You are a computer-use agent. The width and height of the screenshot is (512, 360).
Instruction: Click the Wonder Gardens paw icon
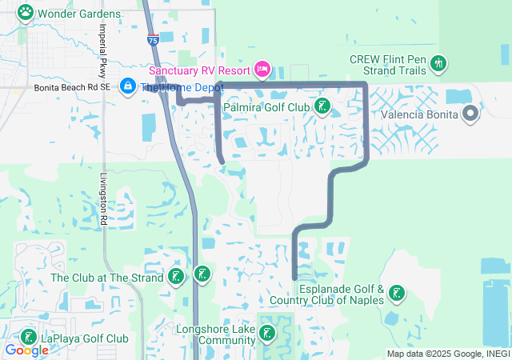26,13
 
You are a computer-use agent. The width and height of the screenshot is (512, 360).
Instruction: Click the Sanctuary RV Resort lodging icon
261,70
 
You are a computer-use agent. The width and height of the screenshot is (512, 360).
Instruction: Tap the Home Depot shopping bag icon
127,86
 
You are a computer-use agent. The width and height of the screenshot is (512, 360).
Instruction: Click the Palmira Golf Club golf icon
322,106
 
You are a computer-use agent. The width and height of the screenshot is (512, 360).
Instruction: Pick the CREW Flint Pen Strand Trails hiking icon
438,62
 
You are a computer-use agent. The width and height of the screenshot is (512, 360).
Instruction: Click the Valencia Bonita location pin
470,114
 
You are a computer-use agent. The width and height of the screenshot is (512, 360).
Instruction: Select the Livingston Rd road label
104,200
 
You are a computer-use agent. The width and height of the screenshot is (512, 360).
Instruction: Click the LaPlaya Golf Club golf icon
29,338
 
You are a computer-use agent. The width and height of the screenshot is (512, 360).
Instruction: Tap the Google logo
26,350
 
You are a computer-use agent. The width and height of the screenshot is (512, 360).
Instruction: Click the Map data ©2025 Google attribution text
448,354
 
